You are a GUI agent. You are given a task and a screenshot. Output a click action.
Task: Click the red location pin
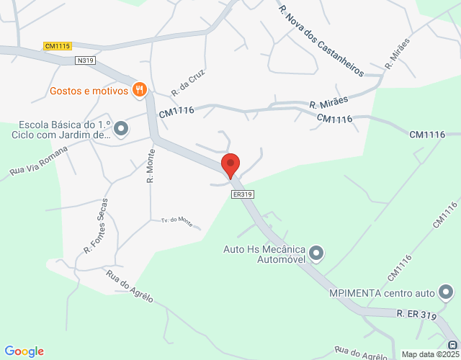(x=230, y=165)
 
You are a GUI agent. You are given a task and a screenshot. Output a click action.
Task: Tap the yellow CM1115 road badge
(x=57, y=46)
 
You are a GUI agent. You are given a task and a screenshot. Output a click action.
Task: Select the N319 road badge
(x=85, y=61)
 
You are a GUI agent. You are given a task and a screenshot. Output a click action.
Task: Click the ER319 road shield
(x=243, y=194)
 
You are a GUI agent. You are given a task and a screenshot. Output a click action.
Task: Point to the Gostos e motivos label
(x=89, y=91)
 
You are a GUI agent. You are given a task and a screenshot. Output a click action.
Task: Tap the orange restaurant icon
(x=140, y=90)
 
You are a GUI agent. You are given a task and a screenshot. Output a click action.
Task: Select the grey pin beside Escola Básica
(x=121, y=129)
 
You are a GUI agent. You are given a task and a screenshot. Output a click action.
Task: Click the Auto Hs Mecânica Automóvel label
(x=265, y=254)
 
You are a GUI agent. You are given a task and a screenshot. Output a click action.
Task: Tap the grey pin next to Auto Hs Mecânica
(x=317, y=253)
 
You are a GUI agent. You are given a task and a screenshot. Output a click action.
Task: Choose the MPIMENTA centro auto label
(x=382, y=293)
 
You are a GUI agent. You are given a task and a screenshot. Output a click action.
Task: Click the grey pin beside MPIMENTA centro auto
(x=447, y=292)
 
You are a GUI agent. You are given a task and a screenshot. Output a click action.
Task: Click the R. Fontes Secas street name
(x=96, y=226)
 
